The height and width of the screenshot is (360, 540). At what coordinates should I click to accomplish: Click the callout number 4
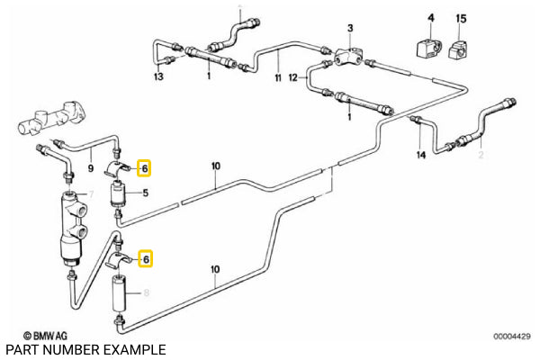pos(430,17)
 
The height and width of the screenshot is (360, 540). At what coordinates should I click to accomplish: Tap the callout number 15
pos(462,17)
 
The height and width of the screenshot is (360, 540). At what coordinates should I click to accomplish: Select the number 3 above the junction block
pos(350,31)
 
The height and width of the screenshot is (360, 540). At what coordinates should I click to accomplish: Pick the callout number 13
pos(159,78)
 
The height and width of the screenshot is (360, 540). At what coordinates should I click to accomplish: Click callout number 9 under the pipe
pos(91,166)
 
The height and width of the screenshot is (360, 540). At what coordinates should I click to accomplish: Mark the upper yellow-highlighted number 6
pos(144,167)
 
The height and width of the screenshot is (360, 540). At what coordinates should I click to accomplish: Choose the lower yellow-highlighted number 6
pos(144,259)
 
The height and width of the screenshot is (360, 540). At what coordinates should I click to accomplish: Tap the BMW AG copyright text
pos(45,333)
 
